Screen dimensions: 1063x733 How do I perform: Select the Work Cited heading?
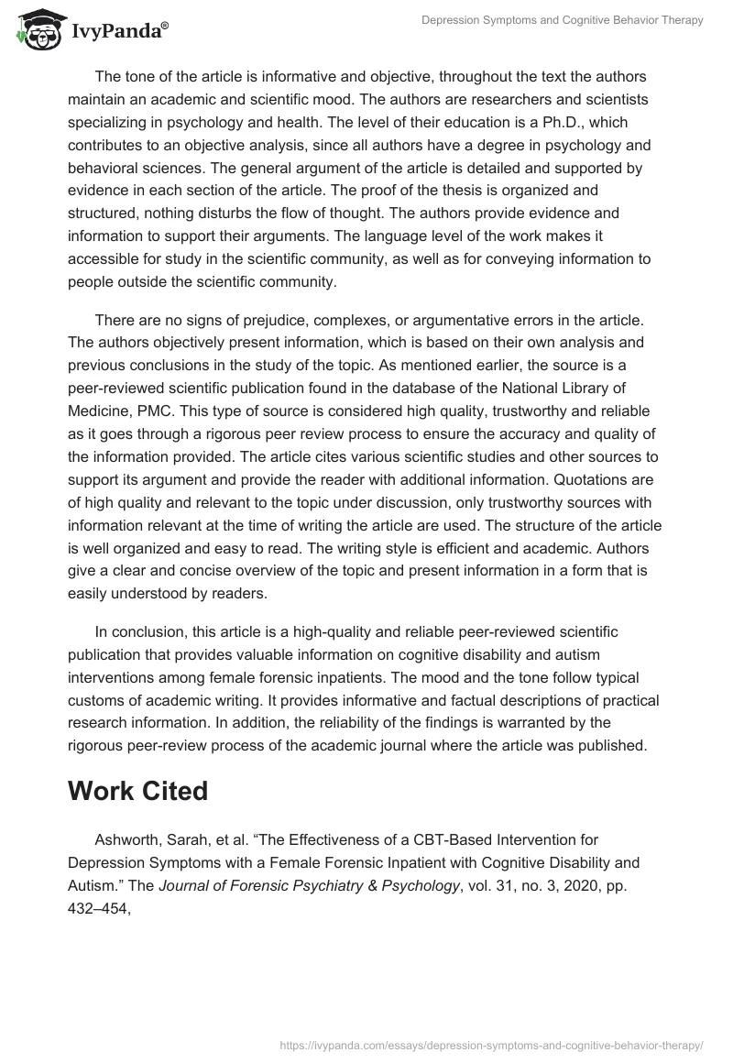click(137, 791)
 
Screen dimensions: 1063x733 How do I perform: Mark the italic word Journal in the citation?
click(194, 885)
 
